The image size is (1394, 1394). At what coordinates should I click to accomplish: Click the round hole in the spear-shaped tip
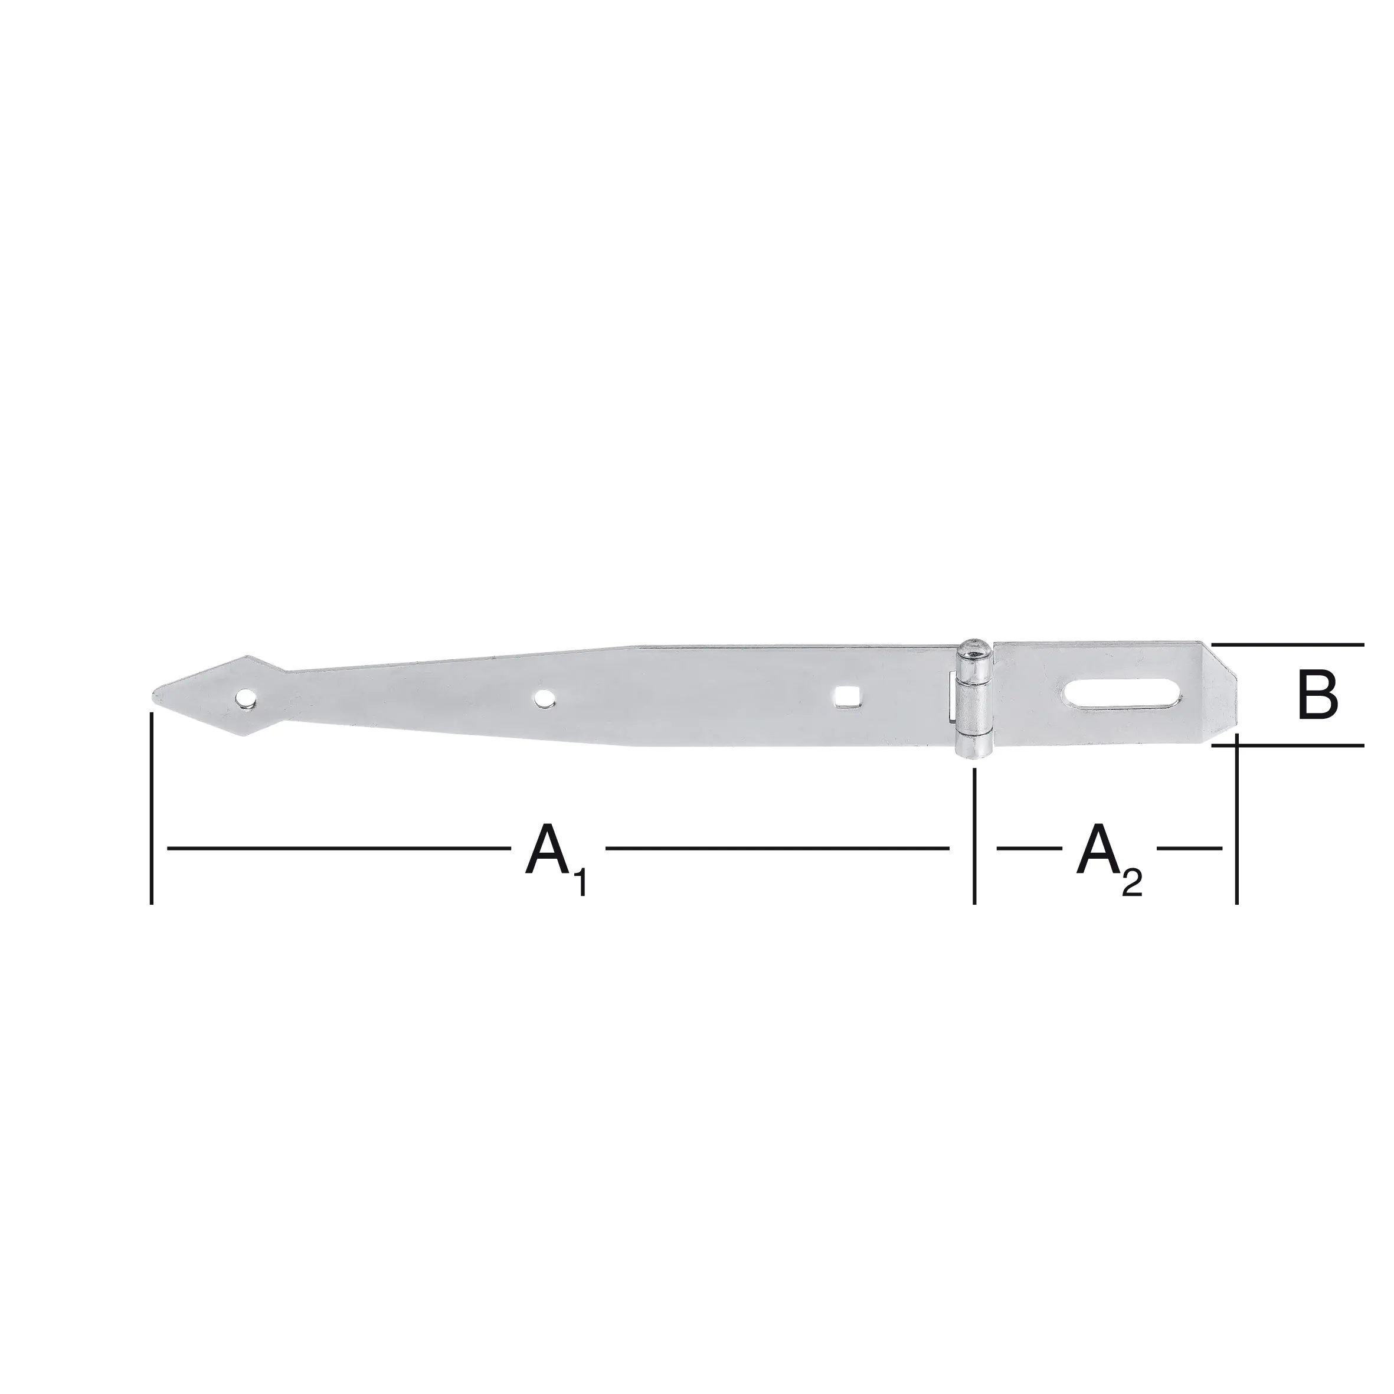[x=247, y=698]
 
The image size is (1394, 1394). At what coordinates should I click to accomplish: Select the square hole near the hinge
[x=843, y=696]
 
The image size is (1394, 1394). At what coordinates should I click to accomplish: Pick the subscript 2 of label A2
[x=1133, y=884]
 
